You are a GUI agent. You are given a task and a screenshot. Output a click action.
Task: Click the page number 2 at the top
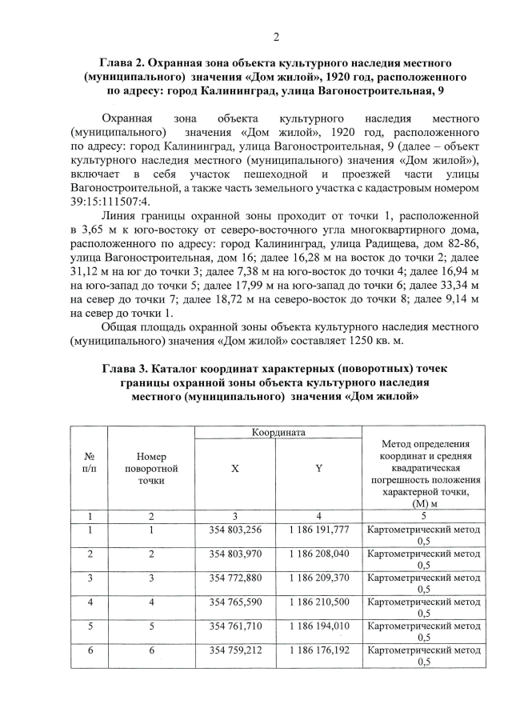pos(275,36)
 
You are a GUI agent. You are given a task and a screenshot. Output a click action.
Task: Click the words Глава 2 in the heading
pos(126,62)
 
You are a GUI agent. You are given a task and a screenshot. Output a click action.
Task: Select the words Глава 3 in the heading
pos(128,368)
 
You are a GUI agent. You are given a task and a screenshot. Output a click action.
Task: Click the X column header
pos(235,469)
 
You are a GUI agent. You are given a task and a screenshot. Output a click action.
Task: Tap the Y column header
pos(318,469)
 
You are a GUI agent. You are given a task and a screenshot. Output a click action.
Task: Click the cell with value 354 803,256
pos(235,530)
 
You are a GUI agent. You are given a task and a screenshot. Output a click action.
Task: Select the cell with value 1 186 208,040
pos(318,554)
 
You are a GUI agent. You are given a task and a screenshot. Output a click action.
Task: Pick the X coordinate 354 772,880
pos(235,577)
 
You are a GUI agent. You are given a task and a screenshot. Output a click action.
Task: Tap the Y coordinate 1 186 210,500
pos(318,600)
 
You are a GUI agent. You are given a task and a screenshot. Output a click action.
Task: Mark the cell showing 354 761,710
pos(235,623)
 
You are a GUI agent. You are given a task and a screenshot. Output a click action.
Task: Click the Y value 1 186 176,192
pos(318,650)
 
